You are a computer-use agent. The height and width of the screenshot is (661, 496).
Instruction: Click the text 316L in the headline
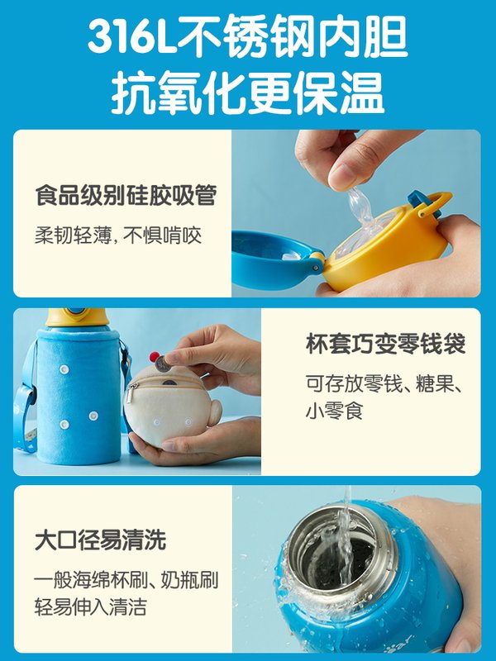coord(131,36)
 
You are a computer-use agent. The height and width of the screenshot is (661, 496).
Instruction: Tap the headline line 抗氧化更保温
coord(248,93)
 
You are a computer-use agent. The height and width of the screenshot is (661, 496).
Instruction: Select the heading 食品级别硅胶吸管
coord(126,195)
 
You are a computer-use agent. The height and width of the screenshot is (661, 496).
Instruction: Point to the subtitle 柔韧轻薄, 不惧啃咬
coord(118,235)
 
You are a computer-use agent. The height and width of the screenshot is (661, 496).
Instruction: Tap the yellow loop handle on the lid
coord(436,202)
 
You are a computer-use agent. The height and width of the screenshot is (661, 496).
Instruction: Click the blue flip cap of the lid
coord(274,258)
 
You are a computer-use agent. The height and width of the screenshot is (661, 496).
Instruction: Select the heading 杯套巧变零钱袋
coord(385,344)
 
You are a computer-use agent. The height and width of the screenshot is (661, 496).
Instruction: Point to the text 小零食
coord(334,411)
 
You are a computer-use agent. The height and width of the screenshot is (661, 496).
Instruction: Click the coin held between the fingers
coord(163,364)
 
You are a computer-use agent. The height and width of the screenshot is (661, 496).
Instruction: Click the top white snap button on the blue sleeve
coord(64,369)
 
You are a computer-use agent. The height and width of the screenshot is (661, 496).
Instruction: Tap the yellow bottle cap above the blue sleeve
coord(77,317)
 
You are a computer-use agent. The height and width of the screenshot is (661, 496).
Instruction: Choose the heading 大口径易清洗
coord(100,540)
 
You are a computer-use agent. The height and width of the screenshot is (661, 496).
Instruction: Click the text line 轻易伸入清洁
coord(90,607)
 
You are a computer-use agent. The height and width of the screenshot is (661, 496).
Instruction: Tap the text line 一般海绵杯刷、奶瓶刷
coord(126,580)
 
